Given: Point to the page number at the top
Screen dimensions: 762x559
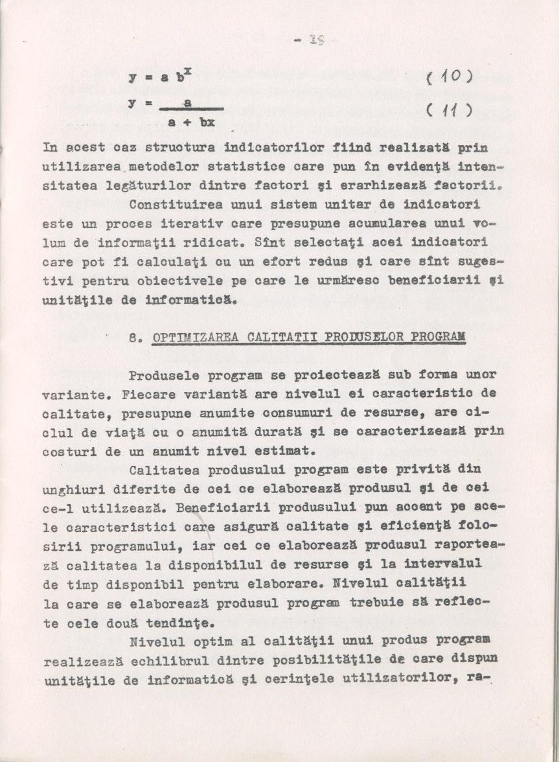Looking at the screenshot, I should [x=311, y=41].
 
